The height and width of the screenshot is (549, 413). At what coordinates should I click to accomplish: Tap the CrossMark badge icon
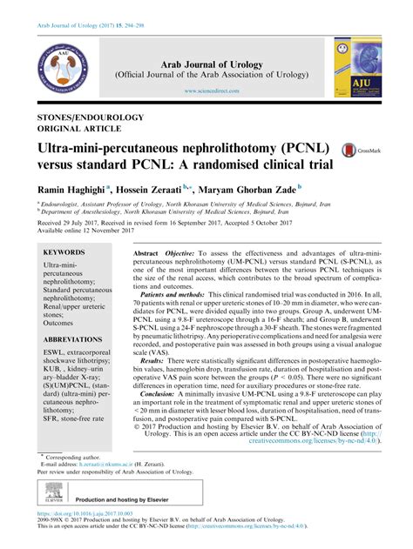point(352,150)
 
